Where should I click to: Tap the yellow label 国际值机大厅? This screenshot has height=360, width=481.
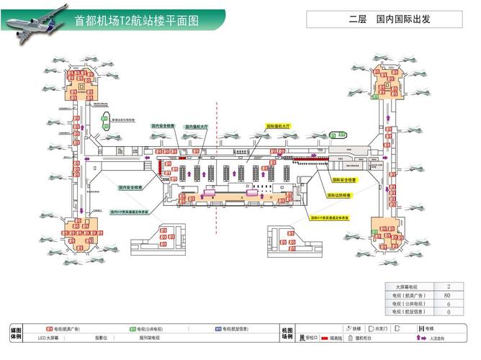click(x=278, y=125)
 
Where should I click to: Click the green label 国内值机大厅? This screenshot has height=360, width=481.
click(x=196, y=127)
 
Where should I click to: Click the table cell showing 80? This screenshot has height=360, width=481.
click(x=447, y=295)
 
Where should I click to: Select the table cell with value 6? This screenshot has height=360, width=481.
click(x=447, y=304)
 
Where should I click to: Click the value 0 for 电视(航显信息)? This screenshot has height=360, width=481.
click(x=447, y=312)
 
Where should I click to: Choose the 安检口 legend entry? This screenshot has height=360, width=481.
click(x=308, y=337)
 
